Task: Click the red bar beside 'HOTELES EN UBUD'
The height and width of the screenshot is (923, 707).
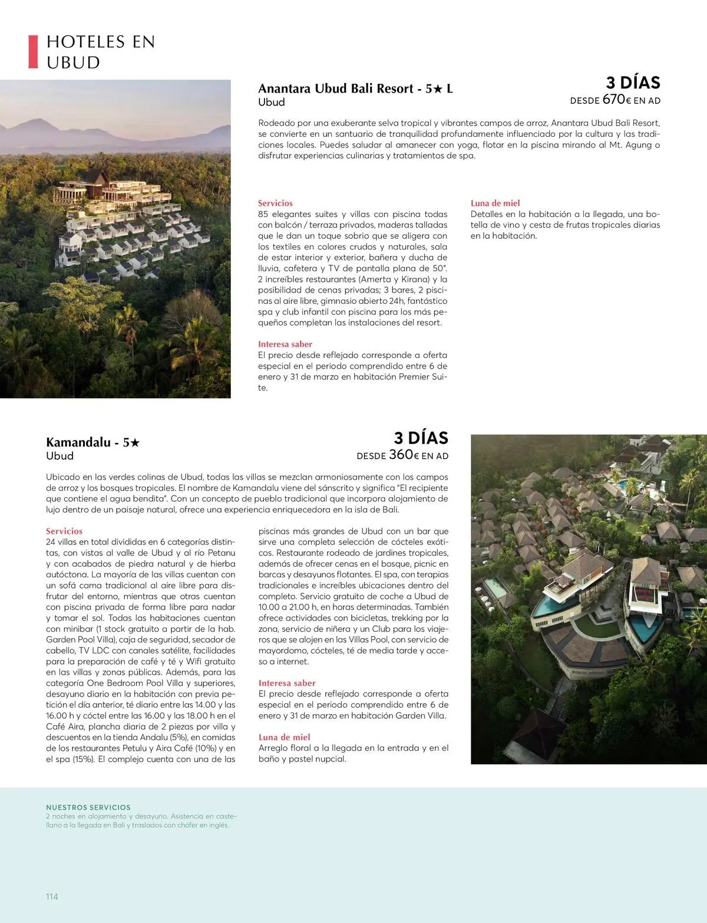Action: tap(33, 52)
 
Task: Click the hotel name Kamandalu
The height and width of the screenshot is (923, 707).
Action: tap(78, 442)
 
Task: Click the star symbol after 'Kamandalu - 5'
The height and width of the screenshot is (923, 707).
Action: tap(135, 442)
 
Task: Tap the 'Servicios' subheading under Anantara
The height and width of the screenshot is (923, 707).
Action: tap(275, 203)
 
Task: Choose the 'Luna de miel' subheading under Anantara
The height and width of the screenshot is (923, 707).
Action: tap(495, 203)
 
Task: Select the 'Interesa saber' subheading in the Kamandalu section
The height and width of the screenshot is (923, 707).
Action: tap(287, 683)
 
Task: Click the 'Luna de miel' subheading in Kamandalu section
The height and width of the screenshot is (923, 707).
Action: tap(284, 737)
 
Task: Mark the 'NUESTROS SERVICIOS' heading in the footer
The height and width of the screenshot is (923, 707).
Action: tap(88, 807)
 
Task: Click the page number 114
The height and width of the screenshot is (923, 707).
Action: tap(52, 896)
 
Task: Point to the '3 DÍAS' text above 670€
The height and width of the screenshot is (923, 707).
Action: tap(633, 83)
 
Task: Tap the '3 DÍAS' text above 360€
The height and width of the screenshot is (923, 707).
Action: tap(421, 438)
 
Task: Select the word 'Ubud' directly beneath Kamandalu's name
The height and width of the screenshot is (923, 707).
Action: tap(60, 456)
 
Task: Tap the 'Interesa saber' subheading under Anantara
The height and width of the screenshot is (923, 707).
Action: tap(285, 344)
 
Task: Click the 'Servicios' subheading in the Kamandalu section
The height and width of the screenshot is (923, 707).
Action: tap(64, 531)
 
